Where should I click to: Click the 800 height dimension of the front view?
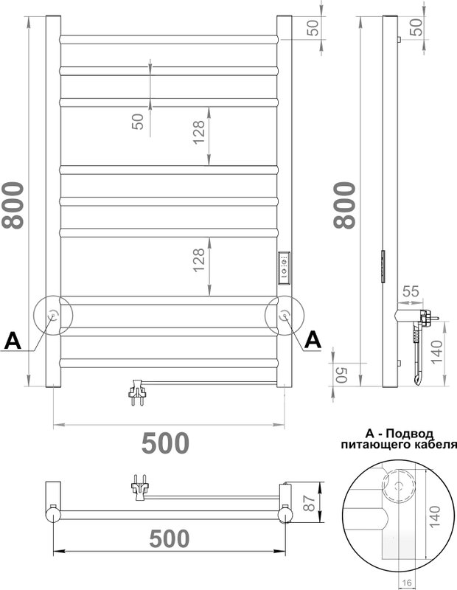[13, 206]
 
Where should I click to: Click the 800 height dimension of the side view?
[344, 206]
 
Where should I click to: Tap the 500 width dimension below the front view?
[165, 443]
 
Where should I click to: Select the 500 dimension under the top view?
[170, 538]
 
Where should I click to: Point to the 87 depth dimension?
[309, 502]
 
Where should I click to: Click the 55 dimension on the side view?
[411, 291]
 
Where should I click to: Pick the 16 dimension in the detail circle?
[407, 583]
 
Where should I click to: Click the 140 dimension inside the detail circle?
[434, 517]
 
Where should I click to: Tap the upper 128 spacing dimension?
[198, 132]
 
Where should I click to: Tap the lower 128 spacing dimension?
[198, 260]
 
